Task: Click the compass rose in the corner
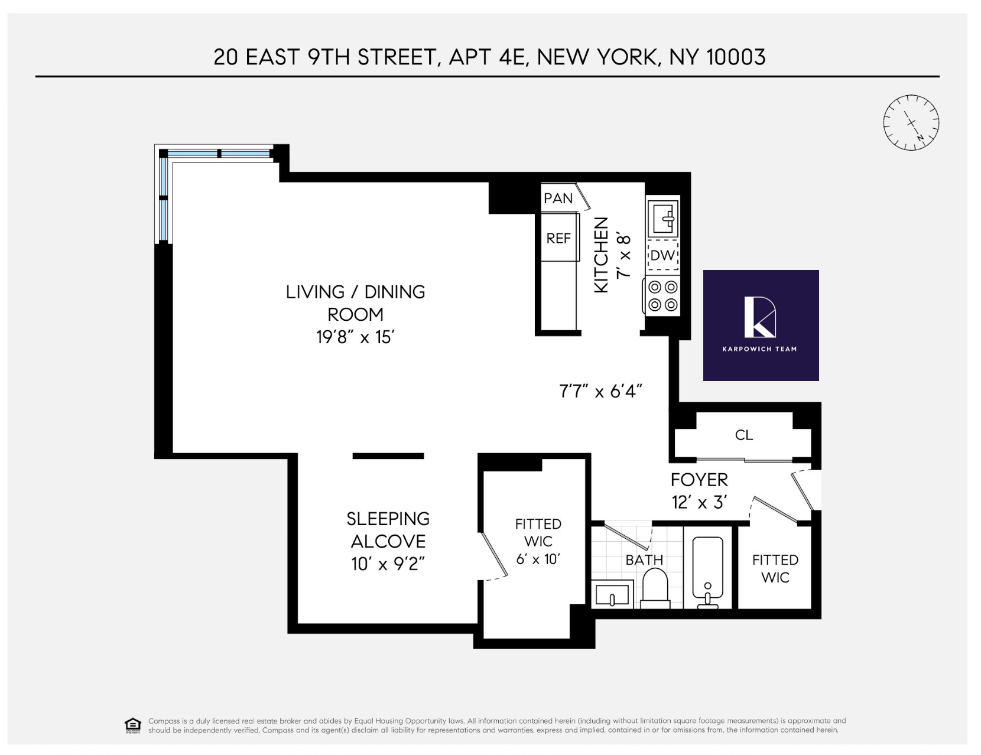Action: (911, 122)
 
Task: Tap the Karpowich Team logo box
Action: (761, 325)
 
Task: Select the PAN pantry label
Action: (558, 198)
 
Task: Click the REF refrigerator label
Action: (558, 238)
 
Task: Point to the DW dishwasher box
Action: (662, 255)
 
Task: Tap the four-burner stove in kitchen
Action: (662, 296)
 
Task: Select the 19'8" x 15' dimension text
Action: (355, 337)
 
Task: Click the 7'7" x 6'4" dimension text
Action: (600, 391)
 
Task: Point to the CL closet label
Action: (743, 435)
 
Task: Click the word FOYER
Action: (699, 480)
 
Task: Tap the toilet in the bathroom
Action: (655, 588)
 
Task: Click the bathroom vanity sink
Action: (612, 594)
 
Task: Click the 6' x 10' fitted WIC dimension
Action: (538, 558)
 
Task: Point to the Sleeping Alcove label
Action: (388, 530)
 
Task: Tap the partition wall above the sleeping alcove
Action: (388, 456)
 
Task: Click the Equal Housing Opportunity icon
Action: (133, 725)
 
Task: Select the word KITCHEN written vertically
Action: (601, 255)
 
